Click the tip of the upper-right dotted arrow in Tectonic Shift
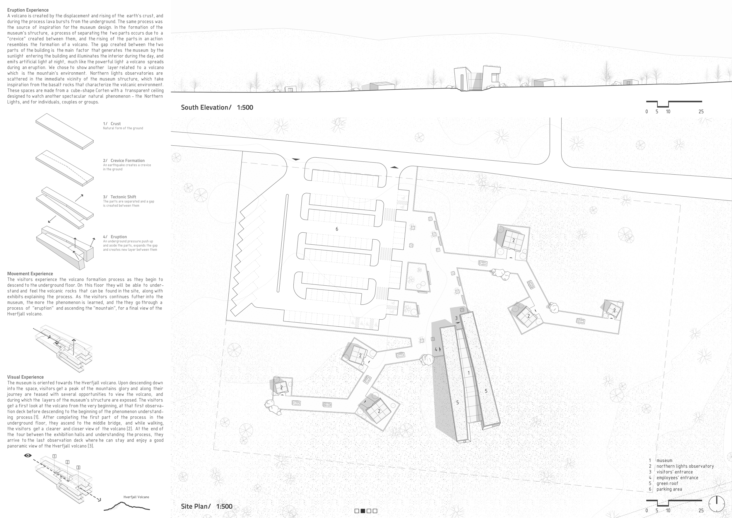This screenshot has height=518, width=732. pyautogui.click(x=83, y=195)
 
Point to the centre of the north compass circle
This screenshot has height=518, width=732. pyautogui.click(x=716, y=504)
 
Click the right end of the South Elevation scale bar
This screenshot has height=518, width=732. pyautogui.click(x=702, y=102)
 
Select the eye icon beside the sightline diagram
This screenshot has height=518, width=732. pyautogui.click(x=28, y=456)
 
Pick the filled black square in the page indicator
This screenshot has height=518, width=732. pyautogui.click(x=363, y=511)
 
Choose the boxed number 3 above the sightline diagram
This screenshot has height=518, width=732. pyautogui.click(x=78, y=468)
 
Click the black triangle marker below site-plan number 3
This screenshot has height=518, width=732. pyautogui.click(x=458, y=323)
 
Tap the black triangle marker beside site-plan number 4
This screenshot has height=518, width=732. pyautogui.click(x=440, y=349)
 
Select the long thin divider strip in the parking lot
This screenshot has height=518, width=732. pyautogui.click(x=283, y=243)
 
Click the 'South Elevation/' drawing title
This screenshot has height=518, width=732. pyautogui.click(x=206, y=108)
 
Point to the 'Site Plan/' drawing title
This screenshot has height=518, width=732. pyautogui.click(x=196, y=506)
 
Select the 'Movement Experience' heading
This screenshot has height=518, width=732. pyautogui.click(x=30, y=274)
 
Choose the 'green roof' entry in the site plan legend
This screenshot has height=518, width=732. pyautogui.click(x=667, y=483)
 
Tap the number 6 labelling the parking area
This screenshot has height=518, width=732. pyautogui.click(x=337, y=229)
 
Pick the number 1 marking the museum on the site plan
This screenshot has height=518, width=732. pyautogui.click(x=469, y=373)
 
